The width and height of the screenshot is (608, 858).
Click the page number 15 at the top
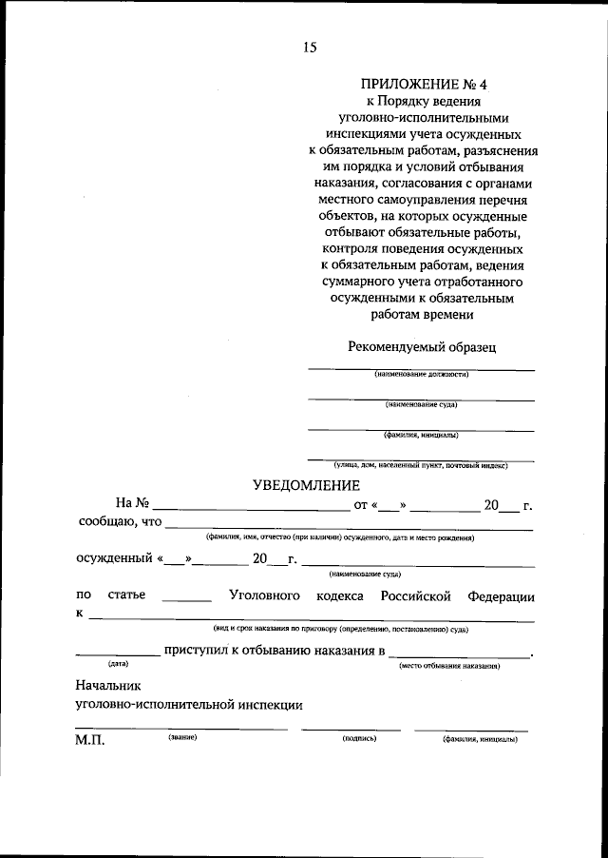tap(311, 48)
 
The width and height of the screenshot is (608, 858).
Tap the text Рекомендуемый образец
tap(422, 348)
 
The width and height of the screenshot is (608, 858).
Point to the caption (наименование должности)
tap(422, 375)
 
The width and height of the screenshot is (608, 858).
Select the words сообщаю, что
tap(120, 521)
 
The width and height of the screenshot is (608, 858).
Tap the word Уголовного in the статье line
tap(265, 596)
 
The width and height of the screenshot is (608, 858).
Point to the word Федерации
tap(500, 596)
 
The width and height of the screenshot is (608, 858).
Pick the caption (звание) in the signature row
tap(182, 738)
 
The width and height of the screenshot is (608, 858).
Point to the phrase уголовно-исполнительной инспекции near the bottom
tap(188, 705)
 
